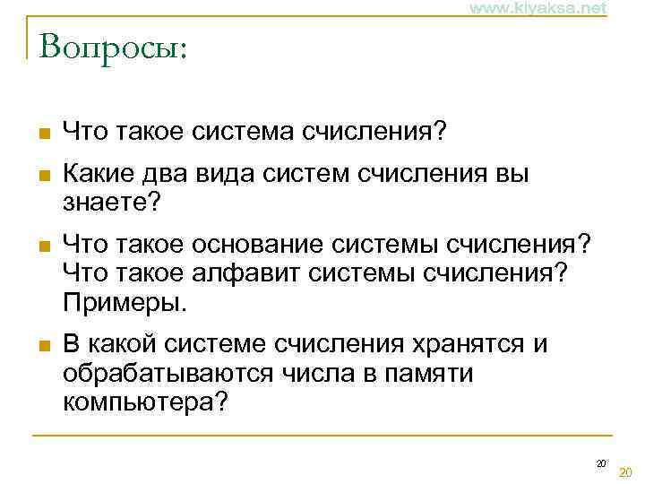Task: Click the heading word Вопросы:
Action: (113, 44)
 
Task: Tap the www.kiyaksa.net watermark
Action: (537, 8)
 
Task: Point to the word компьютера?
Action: (145, 401)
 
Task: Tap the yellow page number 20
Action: (625, 472)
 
